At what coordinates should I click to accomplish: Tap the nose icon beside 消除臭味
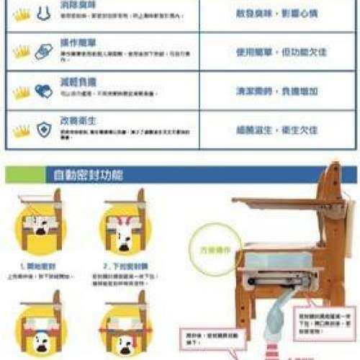tap(43, 12)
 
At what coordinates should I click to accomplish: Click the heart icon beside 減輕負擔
tap(43, 91)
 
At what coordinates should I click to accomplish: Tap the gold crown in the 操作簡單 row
tap(22, 52)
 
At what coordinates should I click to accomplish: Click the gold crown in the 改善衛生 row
tap(22, 131)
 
